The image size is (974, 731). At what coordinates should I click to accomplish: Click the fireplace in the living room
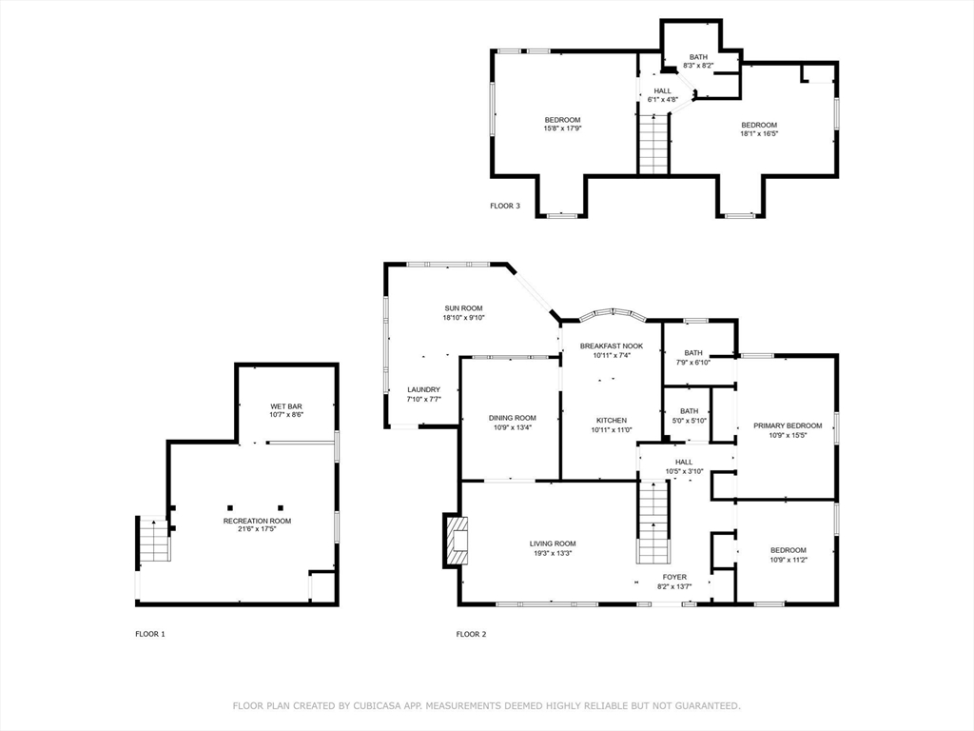click(456, 541)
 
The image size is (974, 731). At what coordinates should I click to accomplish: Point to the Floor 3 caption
click(505, 206)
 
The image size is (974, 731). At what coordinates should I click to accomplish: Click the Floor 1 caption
click(150, 634)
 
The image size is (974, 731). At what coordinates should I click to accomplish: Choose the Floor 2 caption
click(472, 634)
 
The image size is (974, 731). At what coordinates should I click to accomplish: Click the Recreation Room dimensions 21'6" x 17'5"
click(257, 529)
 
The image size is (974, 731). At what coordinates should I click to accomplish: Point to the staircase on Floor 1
click(153, 539)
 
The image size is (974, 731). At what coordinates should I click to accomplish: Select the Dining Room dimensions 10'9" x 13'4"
click(513, 427)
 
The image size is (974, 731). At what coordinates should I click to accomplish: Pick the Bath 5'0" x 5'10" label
click(689, 415)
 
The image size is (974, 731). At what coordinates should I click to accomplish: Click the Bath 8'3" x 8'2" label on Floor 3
click(698, 61)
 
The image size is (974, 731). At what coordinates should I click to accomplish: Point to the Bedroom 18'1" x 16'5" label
click(759, 128)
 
